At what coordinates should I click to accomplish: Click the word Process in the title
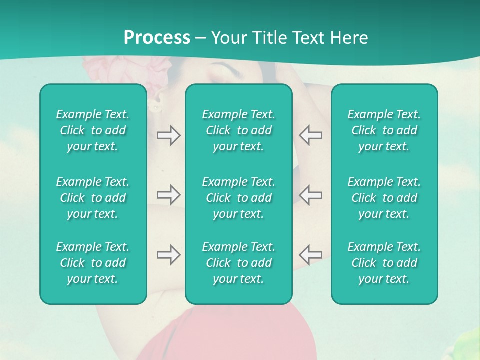point(157,37)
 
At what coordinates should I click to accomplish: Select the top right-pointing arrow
point(168,135)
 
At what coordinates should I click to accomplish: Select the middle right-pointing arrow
point(168,195)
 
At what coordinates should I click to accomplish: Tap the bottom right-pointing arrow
point(168,255)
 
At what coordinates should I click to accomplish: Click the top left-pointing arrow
point(311,135)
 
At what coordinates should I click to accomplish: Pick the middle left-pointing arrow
point(311,195)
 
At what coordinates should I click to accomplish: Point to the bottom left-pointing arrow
point(311,255)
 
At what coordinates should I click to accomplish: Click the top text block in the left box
point(93,130)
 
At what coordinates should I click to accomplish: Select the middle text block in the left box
point(93,198)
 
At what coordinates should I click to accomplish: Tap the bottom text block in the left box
point(93,263)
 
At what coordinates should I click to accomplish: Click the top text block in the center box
point(238,130)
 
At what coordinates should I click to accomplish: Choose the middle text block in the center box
point(238,198)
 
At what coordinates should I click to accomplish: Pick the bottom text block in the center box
point(238,263)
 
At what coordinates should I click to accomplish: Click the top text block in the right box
point(384,130)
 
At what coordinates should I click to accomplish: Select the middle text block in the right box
point(384,198)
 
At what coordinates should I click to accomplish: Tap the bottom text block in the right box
point(384,263)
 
